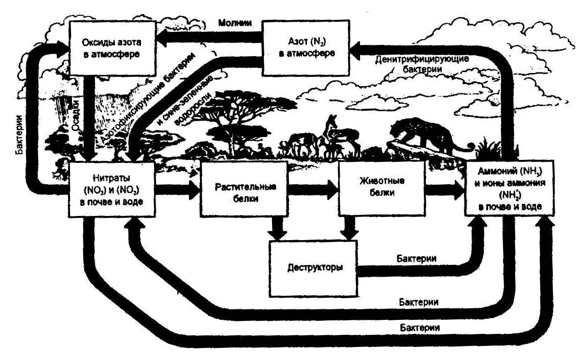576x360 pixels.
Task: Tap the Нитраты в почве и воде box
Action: (112, 188)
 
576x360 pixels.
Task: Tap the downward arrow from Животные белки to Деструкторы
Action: (349, 227)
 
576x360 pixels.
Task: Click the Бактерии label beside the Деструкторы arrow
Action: (417, 259)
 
